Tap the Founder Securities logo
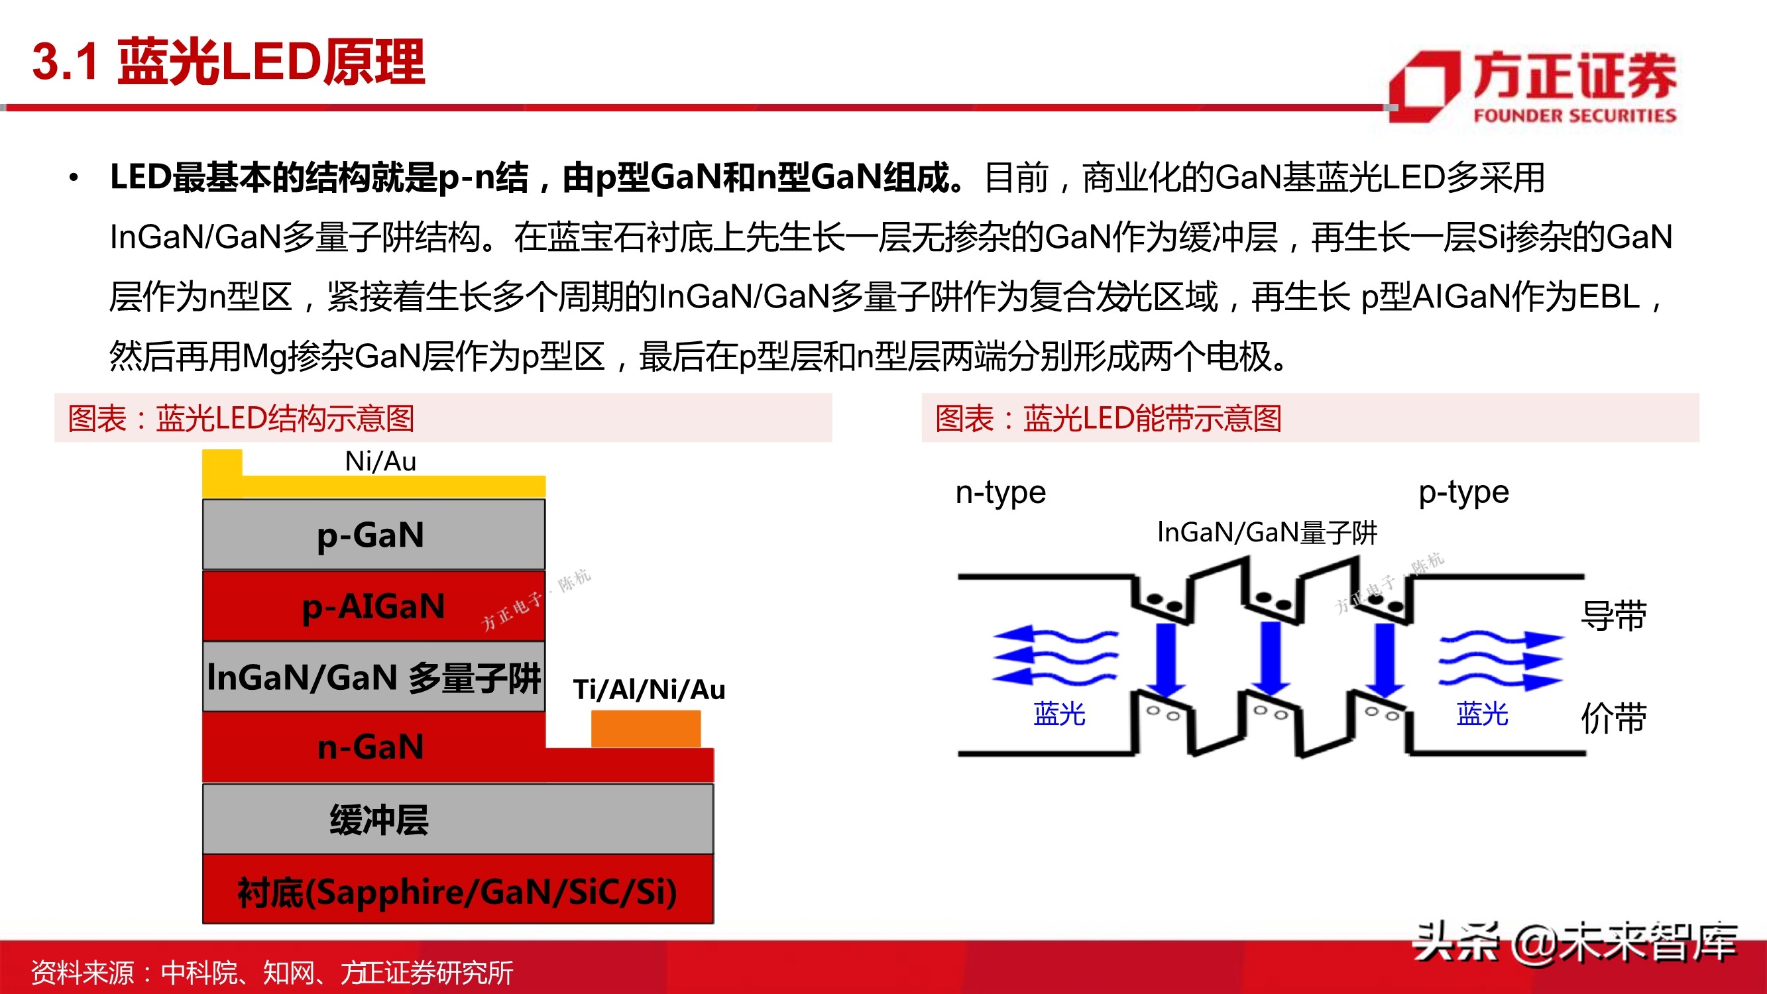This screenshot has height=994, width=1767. (x=1534, y=86)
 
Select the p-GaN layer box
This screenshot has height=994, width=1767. (x=373, y=535)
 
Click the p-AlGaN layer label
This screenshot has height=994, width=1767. (x=373, y=607)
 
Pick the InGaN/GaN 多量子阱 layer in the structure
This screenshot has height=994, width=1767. (x=373, y=677)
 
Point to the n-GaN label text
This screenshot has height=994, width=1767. (x=370, y=747)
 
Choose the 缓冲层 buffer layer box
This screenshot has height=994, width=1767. (x=457, y=820)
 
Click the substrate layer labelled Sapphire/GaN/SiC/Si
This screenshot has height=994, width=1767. (x=457, y=891)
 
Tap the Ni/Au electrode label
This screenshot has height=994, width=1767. (x=380, y=462)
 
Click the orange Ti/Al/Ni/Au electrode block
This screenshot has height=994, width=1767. (x=646, y=729)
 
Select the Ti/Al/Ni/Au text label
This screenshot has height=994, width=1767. (x=649, y=689)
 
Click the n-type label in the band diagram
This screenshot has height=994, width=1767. (x=1000, y=492)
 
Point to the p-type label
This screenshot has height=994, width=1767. (x=1464, y=492)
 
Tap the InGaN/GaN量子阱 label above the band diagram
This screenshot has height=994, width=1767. (x=1267, y=532)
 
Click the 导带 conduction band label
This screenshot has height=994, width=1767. (x=1613, y=616)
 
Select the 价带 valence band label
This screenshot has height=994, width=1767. (x=1613, y=718)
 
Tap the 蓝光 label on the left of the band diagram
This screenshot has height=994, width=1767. (x=1059, y=714)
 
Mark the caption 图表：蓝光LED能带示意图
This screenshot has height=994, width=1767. (x=1108, y=418)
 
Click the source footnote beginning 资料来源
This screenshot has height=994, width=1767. (x=272, y=973)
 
